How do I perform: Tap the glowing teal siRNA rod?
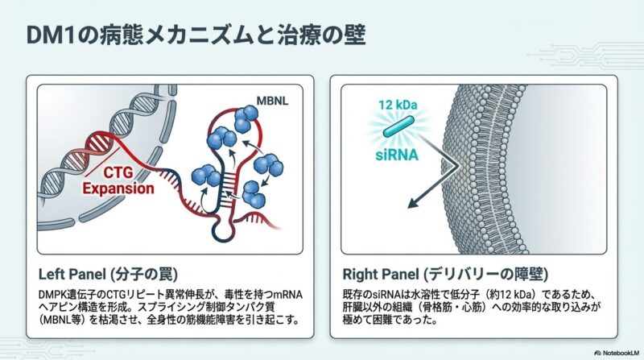click(399, 129)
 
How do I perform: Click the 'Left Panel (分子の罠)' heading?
click(106, 271)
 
